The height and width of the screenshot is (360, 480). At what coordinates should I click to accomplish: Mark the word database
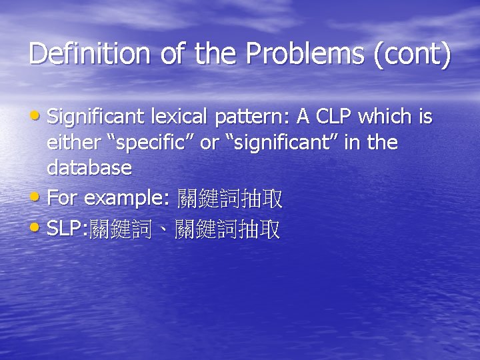89,167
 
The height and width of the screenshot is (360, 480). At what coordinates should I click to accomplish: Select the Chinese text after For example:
229,199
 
